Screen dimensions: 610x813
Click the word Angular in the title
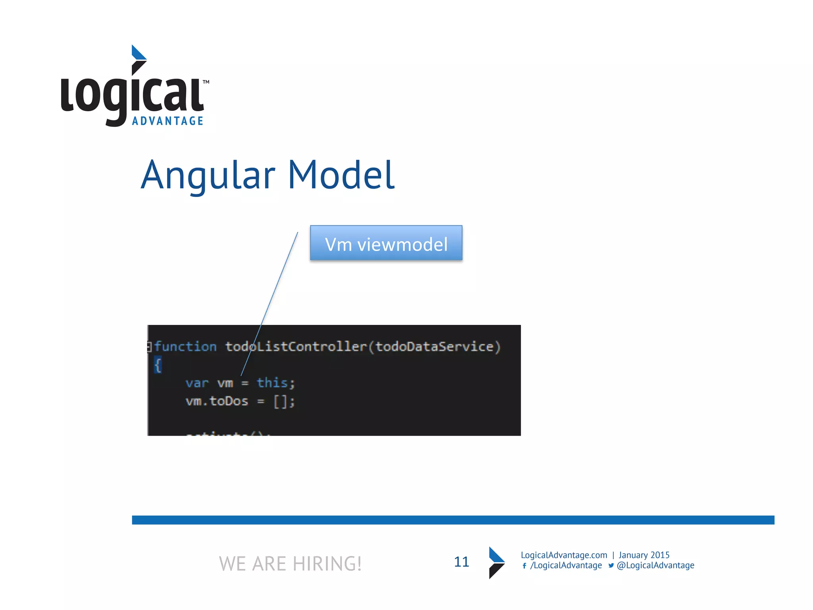pos(208,175)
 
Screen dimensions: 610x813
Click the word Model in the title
pos(341,175)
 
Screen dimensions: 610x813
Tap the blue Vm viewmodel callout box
pos(386,243)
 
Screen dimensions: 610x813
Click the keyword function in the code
pos(185,347)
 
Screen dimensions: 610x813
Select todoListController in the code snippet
pos(296,347)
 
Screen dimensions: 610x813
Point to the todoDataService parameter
pos(434,347)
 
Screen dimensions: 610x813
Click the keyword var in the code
pos(197,383)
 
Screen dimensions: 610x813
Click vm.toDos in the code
pos(217,401)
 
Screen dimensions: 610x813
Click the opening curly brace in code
pos(158,365)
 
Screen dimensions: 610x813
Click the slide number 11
pos(461,562)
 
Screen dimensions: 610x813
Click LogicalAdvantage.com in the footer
pos(564,555)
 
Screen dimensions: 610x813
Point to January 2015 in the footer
pos(644,555)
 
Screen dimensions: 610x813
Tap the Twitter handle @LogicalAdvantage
pos(655,566)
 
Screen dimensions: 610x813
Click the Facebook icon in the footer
pos(524,566)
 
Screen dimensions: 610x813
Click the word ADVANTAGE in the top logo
pos(168,121)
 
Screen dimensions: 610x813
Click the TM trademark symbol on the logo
pos(206,82)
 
